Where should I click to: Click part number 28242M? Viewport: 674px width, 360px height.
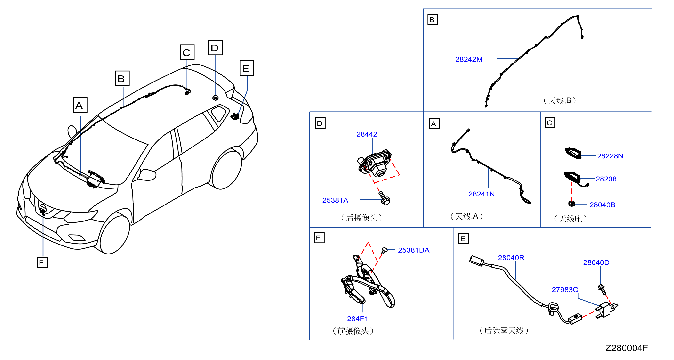click(469, 59)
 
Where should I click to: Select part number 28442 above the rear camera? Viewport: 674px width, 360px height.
click(367, 134)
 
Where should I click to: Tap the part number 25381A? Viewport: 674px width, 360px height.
click(335, 200)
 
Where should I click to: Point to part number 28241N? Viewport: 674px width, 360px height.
click(481, 194)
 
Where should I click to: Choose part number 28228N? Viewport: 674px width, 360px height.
click(610, 156)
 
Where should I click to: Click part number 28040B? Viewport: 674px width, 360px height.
click(602, 205)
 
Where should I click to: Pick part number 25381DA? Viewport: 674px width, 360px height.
click(414, 250)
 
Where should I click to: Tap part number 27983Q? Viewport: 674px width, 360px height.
click(565, 290)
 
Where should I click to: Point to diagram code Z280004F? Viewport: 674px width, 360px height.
click(626, 348)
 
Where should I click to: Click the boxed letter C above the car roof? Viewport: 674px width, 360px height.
click(187, 52)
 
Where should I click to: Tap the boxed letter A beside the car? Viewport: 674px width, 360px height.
click(80, 105)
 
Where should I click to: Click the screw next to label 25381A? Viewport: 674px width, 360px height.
click(384, 198)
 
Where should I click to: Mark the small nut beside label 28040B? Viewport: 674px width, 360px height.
click(572, 204)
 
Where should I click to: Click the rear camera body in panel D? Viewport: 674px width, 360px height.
click(375, 163)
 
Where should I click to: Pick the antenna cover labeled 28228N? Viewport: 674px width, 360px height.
click(573, 153)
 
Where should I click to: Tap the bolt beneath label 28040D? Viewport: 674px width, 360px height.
click(602, 289)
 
